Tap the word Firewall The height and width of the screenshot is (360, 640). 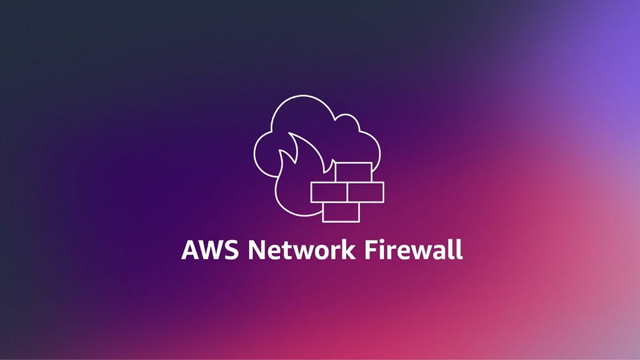(x=413, y=250)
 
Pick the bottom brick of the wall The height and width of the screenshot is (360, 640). (x=341, y=211)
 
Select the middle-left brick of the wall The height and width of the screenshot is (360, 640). (x=329, y=192)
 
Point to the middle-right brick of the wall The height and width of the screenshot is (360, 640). (x=366, y=192)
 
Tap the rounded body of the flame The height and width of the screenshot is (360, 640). (x=292, y=187)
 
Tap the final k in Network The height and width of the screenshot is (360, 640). (x=347, y=250)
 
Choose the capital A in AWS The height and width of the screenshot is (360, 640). (x=190, y=250)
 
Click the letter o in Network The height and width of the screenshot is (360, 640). (x=318, y=252)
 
